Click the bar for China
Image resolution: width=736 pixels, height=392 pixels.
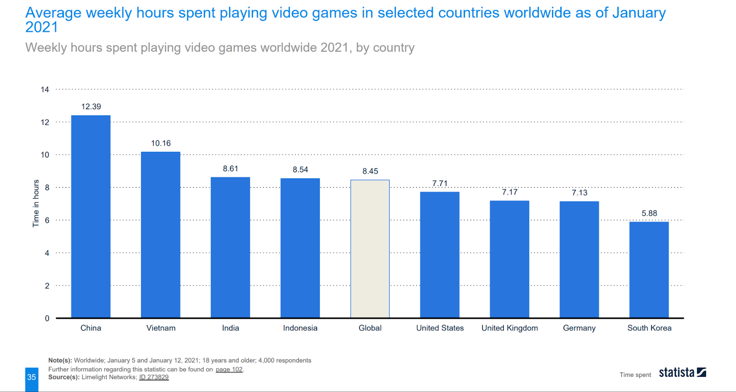[91, 216]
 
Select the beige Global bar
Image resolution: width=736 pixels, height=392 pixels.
[370, 248]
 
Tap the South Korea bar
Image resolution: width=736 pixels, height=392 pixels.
[649, 270]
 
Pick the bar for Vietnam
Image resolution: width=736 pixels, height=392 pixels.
[161, 235]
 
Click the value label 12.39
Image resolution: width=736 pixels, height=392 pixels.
[91, 107]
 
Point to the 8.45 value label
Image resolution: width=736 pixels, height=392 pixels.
[370, 171]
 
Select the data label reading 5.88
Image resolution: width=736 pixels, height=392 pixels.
[649, 213]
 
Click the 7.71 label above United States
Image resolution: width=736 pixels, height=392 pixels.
[440, 184]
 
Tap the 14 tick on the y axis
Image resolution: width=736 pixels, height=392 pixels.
[45, 90]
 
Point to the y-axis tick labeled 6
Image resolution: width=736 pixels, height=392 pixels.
[47, 220]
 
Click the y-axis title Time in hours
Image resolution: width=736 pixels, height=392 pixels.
[36, 203]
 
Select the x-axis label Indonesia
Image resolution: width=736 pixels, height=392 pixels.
[300, 328]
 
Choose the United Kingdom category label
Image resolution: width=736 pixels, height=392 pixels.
[509, 328]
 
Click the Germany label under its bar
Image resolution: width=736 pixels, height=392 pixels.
[579, 328]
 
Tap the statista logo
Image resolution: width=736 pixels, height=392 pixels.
[682, 372]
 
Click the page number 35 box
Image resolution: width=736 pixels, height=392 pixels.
[31, 378]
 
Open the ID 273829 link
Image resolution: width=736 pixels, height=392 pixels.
[154, 377]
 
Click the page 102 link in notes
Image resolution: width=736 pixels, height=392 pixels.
[229, 369]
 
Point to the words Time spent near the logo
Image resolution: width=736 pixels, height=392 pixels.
[635, 375]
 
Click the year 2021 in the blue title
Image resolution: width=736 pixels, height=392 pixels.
[41, 28]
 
